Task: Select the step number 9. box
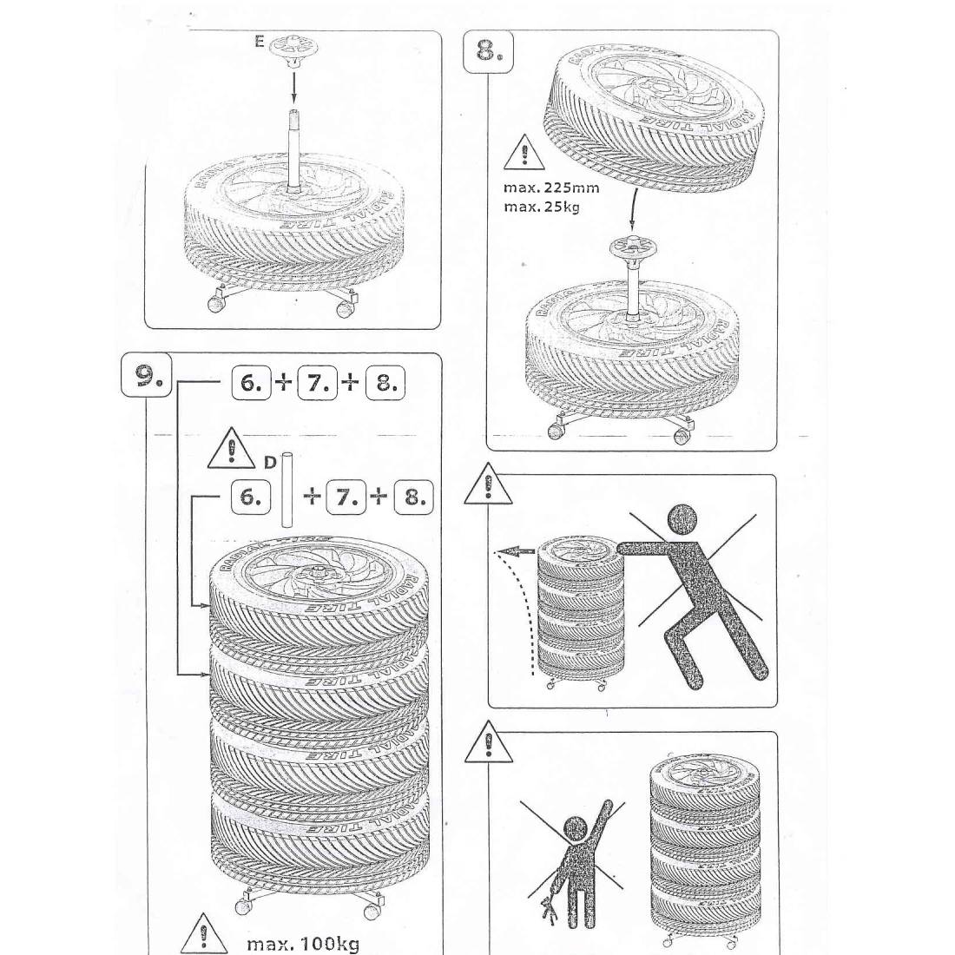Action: click(146, 374)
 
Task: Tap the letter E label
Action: click(260, 41)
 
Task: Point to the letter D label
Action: click(269, 463)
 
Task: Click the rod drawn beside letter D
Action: click(286, 491)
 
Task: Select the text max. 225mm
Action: click(550, 188)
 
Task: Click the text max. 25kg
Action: click(542, 207)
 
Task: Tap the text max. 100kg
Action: click(303, 944)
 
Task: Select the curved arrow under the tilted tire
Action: click(633, 209)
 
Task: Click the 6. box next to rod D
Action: click(251, 497)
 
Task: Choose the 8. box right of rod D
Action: click(413, 497)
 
